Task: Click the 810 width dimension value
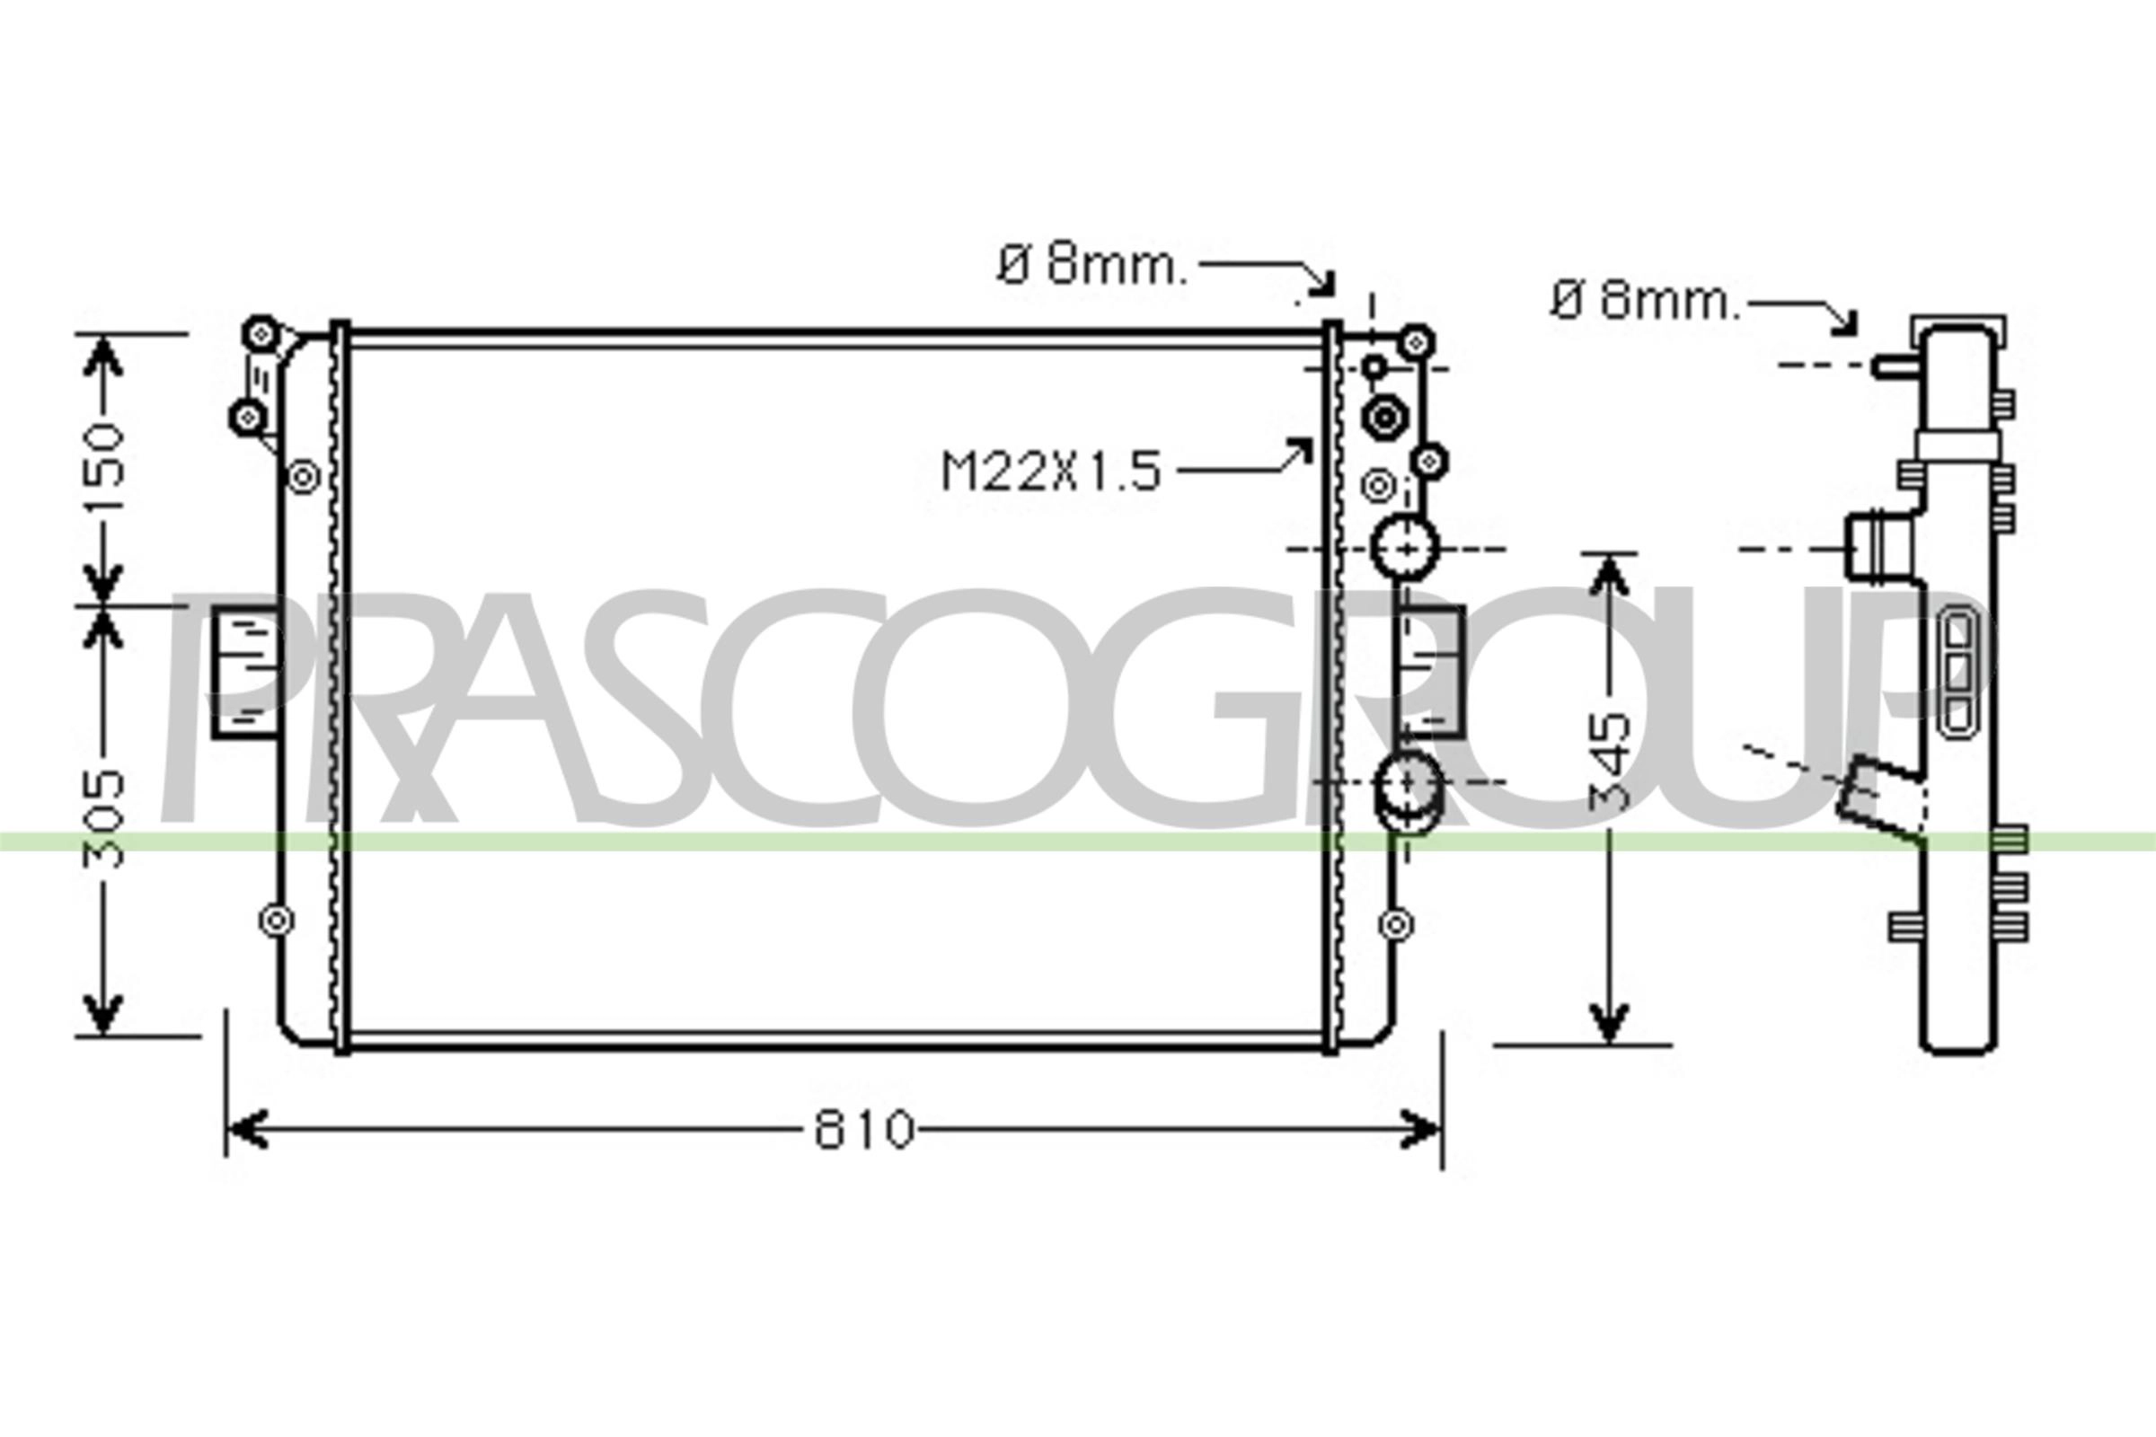[863, 1130]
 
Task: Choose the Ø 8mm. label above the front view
[1091, 266]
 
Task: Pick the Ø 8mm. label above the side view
[1645, 301]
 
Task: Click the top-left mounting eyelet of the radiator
[261, 331]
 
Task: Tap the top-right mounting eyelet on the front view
[1417, 343]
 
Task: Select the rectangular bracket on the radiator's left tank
[244, 671]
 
